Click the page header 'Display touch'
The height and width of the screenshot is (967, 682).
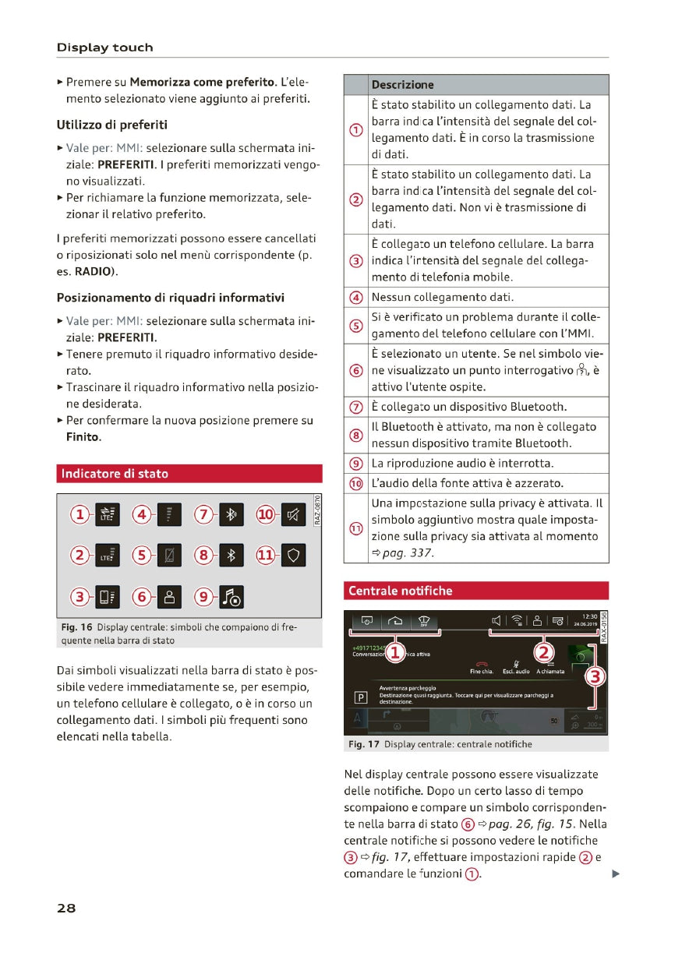point(104,48)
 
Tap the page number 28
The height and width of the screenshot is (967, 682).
point(66,908)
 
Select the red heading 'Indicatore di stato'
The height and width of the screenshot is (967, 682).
point(115,474)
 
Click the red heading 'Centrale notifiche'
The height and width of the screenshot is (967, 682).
point(400,591)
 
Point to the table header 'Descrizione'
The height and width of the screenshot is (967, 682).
point(402,85)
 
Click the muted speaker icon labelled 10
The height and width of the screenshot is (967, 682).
point(293,514)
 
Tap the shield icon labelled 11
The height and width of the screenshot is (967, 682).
point(293,556)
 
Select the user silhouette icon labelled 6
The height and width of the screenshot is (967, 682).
point(169,597)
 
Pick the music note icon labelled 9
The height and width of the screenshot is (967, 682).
point(231,597)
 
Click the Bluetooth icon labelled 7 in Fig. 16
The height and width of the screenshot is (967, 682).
point(231,514)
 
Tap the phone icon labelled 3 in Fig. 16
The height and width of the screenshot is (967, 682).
point(107,597)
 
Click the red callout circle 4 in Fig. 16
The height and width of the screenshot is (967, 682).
point(142,514)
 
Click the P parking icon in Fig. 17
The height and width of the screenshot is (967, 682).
point(360,697)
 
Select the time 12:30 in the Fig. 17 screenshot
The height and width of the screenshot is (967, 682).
point(588,616)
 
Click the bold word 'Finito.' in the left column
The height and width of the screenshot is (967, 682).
point(83,437)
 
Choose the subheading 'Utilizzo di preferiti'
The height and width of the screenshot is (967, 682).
point(111,125)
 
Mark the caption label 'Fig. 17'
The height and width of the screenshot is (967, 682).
point(364,744)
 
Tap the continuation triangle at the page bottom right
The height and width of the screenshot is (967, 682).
point(615,874)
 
